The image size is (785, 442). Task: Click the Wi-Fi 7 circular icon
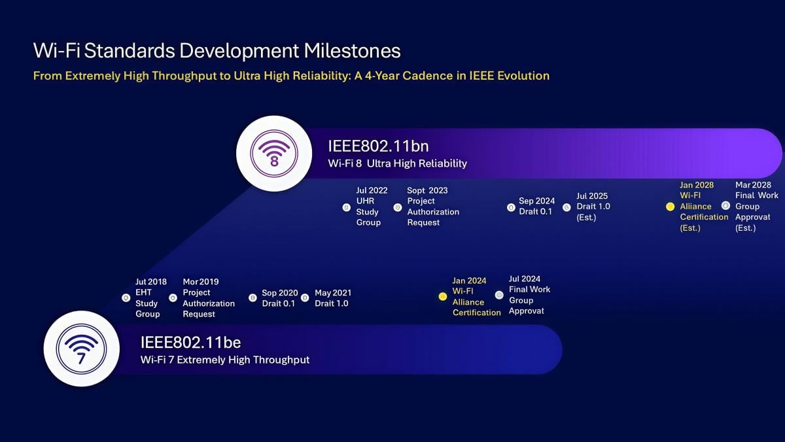(x=81, y=348)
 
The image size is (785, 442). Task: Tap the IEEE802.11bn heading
(x=378, y=146)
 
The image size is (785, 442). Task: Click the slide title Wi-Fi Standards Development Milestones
(x=217, y=50)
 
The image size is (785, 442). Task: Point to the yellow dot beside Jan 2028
(x=670, y=207)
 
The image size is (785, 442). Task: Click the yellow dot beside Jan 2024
(x=442, y=297)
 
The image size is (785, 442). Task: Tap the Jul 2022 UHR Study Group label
(x=372, y=207)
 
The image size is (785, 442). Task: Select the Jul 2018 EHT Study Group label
(x=150, y=298)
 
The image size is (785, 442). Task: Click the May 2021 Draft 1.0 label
(x=332, y=298)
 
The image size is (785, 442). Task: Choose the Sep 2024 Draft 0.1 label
(x=536, y=206)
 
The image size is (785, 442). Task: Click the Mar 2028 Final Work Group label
(x=757, y=207)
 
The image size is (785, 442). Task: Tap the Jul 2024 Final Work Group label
(x=529, y=295)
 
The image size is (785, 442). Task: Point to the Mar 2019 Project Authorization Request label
(x=208, y=298)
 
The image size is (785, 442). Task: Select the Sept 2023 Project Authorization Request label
(x=432, y=207)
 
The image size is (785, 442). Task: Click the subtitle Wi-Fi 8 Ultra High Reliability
(x=397, y=163)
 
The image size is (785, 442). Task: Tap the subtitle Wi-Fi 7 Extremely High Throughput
(x=225, y=360)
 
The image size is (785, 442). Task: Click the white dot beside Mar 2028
(x=725, y=206)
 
